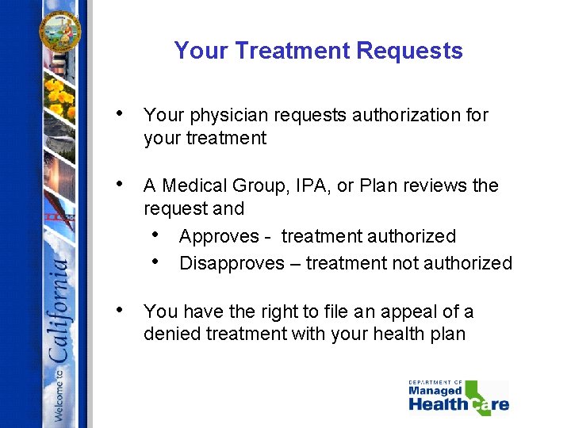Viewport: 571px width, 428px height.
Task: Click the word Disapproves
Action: [232, 263]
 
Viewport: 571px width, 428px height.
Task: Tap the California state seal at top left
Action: [60, 31]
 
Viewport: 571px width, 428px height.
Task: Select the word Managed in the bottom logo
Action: [435, 391]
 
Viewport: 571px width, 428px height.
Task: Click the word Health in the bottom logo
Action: [439, 405]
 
